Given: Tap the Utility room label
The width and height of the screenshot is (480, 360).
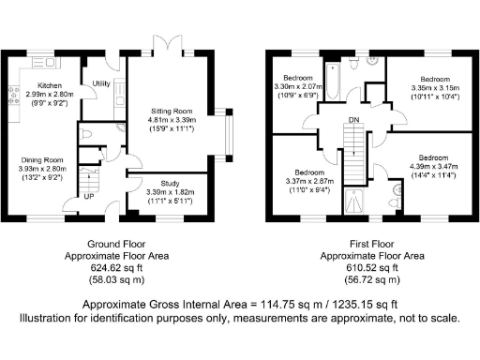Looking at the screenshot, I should pos(101,84).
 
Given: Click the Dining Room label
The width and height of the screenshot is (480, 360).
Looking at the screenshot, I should pos(41,160).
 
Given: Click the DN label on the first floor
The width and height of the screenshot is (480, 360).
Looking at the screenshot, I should pos(353,120).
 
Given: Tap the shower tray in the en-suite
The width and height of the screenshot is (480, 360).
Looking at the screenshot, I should pos(354,199).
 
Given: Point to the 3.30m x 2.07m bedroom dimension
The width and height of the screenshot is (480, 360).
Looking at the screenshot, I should pos(298,86).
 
